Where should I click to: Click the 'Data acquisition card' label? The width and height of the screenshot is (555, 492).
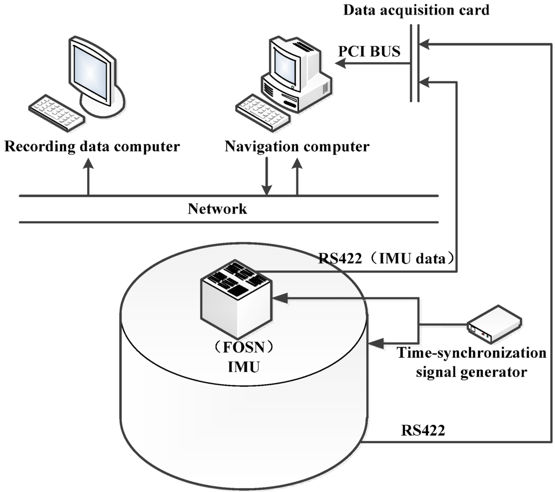point(417,10)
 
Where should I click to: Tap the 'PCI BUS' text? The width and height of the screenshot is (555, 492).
point(369,52)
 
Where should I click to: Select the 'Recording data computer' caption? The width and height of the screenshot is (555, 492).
point(92,146)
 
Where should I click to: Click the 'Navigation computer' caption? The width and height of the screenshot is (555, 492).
point(297,146)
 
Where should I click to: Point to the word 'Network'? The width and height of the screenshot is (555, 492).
point(217,209)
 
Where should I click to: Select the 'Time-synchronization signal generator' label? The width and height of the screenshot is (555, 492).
point(472,362)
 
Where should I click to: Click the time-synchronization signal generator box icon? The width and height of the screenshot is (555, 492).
point(494,323)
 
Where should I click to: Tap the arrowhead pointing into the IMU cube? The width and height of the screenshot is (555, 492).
point(278,297)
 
